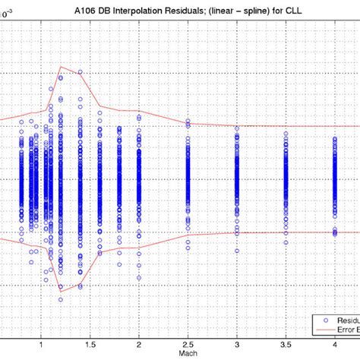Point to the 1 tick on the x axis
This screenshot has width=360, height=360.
click(x=43, y=343)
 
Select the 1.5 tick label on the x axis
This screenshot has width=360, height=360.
click(x=90, y=343)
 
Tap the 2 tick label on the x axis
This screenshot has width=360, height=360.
click(x=139, y=343)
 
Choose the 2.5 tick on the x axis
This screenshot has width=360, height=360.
click(x=188, y=343)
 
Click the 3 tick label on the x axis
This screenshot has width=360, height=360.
click(x=237, y=343)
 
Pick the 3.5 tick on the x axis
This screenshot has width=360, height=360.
click(x=286, y=343)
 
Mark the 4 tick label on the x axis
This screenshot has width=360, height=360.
click(x=334, y=343)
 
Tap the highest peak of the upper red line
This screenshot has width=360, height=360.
click(x=61, y=66)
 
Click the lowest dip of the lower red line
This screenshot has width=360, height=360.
click(x=61, y=289)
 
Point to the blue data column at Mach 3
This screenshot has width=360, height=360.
click(x=237, y=178)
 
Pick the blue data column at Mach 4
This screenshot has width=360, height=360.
click(x=334, y=178)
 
